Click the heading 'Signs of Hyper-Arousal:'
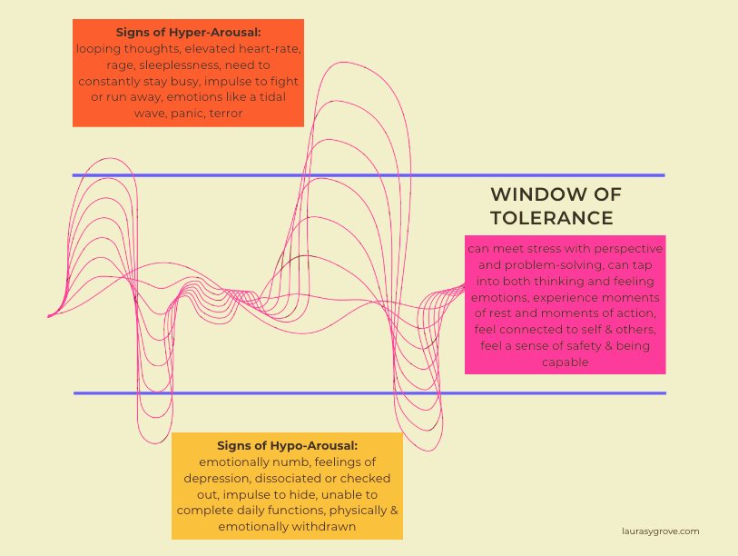click(188, 32)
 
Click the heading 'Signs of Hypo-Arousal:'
click(287, 445)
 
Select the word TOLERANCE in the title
click(551, 218)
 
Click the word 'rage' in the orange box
click(93, 65)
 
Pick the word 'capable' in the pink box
click(565, 362)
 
